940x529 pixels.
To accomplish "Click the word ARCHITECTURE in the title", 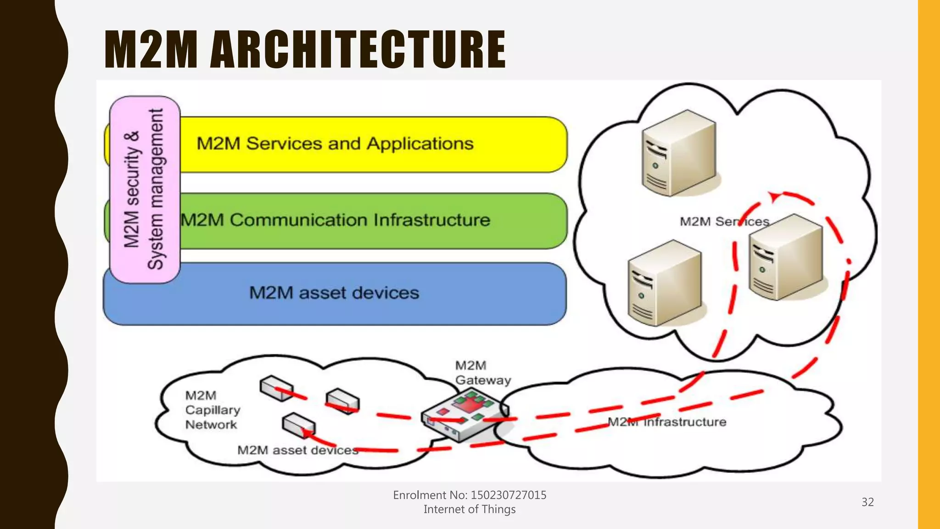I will tap(358, 50).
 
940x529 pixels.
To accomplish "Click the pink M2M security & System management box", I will tap(145, 189).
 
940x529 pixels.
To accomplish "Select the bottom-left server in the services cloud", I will tap(665, 284).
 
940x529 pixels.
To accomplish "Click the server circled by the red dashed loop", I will tap(786, 258).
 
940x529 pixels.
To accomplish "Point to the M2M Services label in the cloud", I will tap(724, 222).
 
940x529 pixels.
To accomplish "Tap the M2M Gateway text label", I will tap(482, 373).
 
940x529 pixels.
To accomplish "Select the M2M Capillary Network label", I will tap(212, 410).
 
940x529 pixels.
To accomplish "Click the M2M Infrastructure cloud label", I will tap(666, 422).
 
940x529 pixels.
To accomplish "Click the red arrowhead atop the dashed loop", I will tap(774, 197).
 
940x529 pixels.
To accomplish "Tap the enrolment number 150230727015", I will tap(508, 495).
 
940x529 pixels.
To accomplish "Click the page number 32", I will tap(867, 502).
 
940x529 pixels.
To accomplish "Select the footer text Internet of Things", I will tap(470, 509).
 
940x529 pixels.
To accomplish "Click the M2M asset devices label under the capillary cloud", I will tap(297, 450).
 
